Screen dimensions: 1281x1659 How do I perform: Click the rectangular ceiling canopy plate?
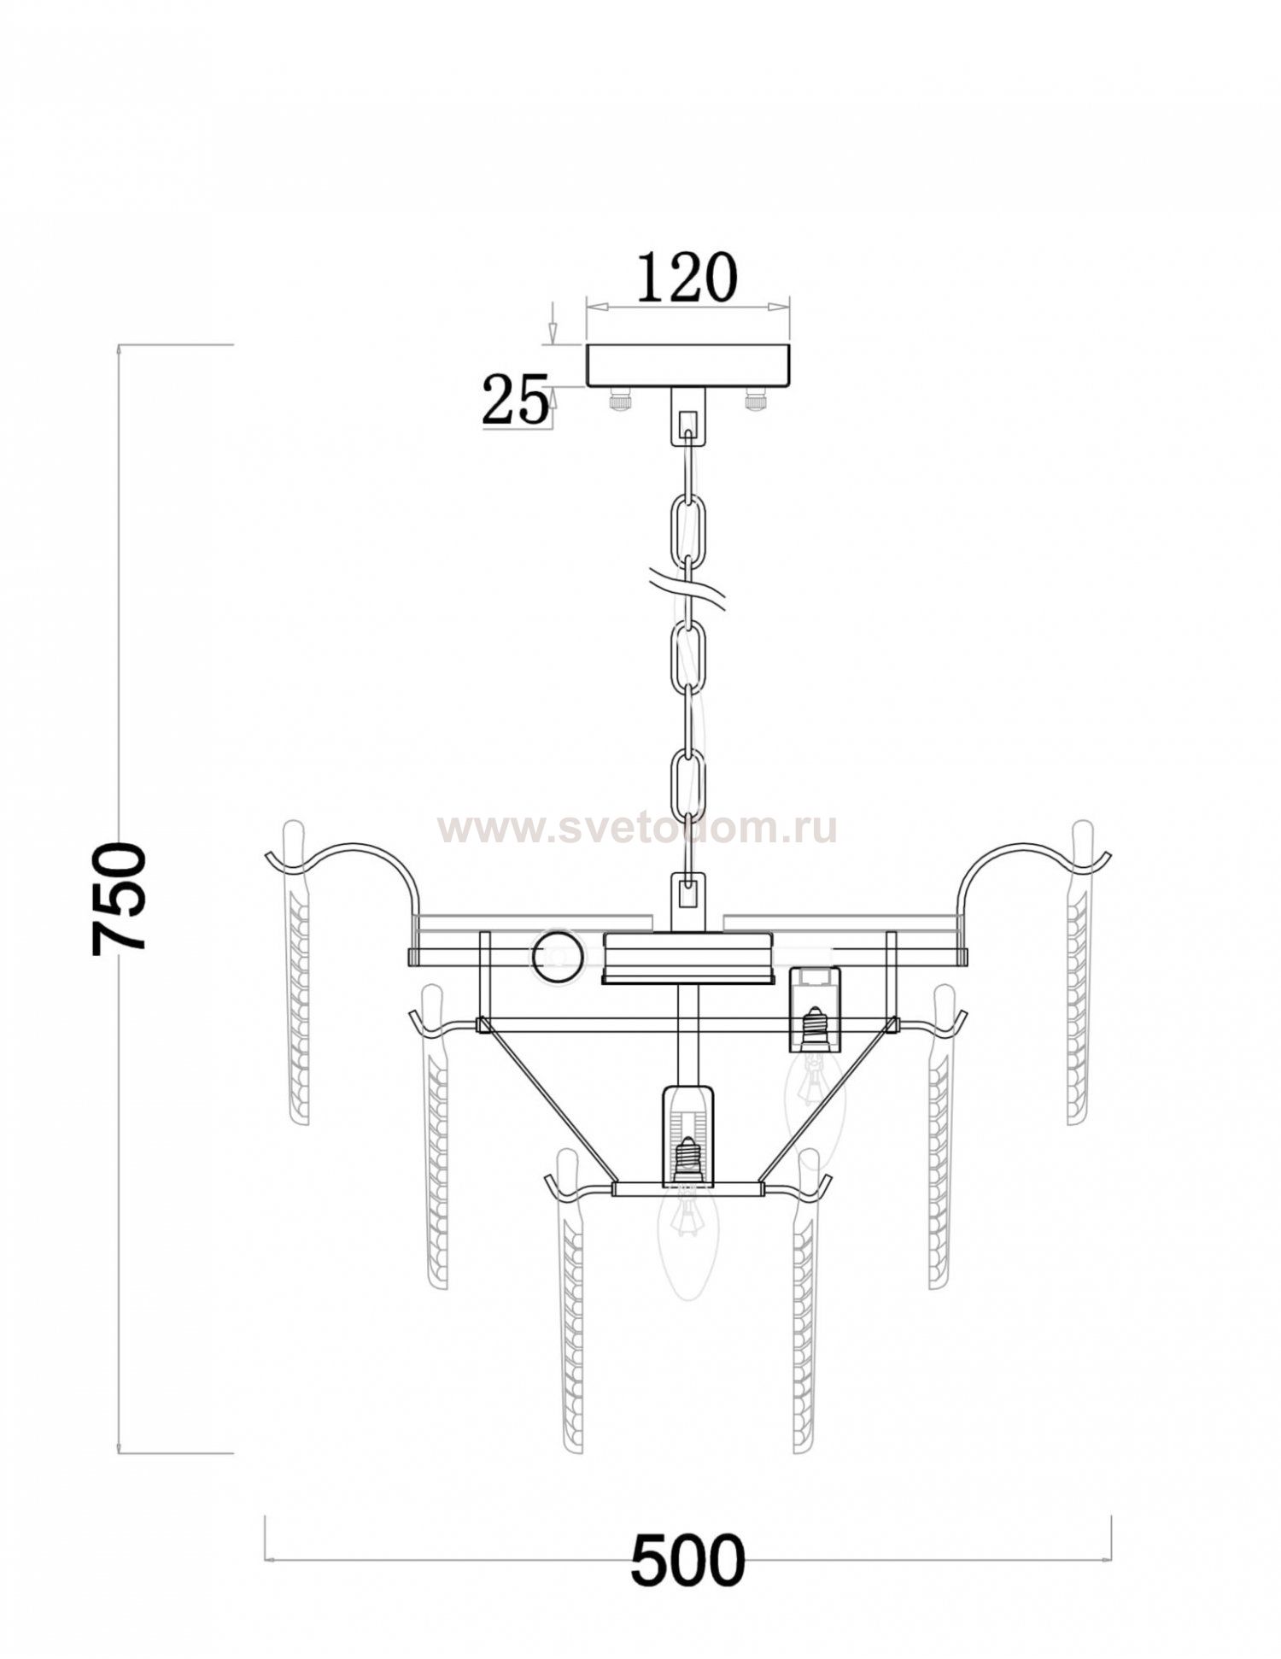click(688, 366)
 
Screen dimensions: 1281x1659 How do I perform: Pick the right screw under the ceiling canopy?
click(757, 400)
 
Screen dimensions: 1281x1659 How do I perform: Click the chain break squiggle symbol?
click(688, 589)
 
